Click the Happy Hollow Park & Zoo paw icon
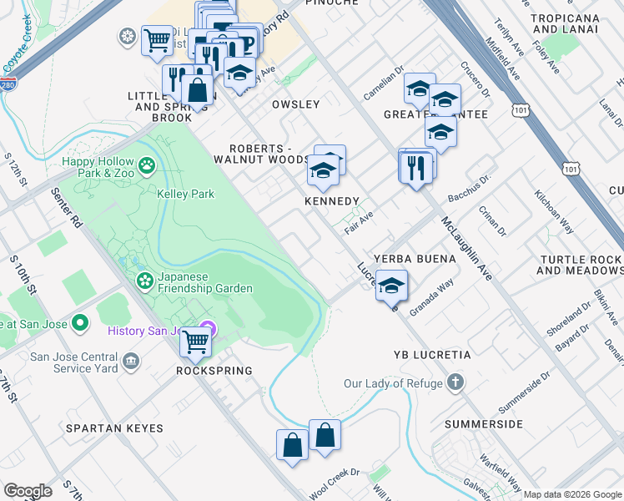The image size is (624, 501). (x=147, y=164)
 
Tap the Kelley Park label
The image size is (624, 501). (x=185, y=194)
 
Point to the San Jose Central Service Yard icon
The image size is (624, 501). (x=131, y=361)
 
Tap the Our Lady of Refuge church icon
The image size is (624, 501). (x=455, y=383)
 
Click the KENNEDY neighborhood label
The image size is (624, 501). (x=331, y=202)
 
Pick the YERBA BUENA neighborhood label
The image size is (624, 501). (x=415, y=259)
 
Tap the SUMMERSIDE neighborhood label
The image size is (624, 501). (x=483, y=424)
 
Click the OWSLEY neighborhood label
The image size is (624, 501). (x=295, y=104)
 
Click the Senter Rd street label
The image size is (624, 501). (x=68, y=207)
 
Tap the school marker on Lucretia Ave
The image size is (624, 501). (x=390, y=286)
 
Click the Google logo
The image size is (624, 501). (x=28, y=491)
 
